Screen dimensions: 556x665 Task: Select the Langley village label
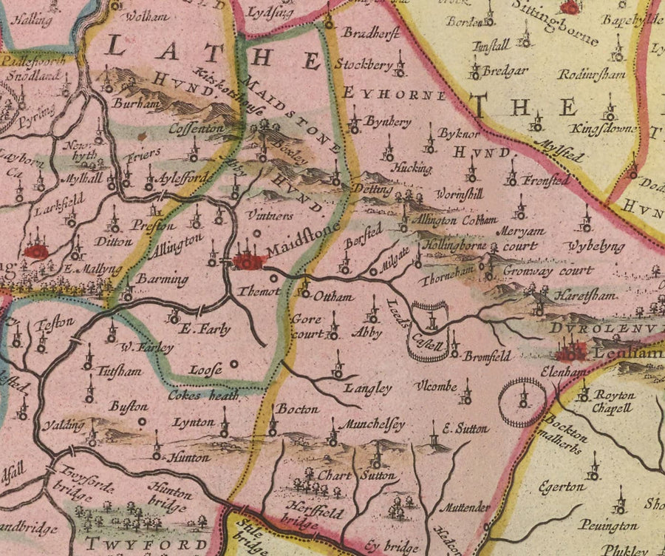pyautogui.click(x=367, y=387)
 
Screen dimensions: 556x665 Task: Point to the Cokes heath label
pyautogui.click(x=202, y=396)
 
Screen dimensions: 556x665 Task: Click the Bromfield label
pyautogui.click(x=487, y=356)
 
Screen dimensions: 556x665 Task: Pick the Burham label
pyautogui.click(x=137, y=104)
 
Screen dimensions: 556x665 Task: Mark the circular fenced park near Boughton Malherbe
pyautogui.click(x=522, y=401)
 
